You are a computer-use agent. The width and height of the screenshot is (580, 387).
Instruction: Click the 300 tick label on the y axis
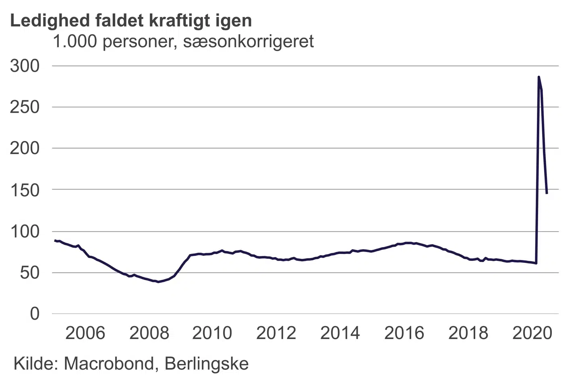point(25,66)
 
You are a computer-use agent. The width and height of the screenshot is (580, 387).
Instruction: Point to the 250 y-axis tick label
point(25,107)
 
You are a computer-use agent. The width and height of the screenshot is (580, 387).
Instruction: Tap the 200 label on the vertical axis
point(25,148)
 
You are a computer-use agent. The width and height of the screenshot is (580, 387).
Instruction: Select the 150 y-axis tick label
point(25,190)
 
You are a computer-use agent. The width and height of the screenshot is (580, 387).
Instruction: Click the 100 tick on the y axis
point(25,231)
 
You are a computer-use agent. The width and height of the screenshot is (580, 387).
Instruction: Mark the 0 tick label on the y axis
point(35,314)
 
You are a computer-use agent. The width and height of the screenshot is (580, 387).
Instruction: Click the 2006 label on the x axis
point(85,333)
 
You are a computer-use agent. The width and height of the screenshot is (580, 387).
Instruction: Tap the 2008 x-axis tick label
point(149,333)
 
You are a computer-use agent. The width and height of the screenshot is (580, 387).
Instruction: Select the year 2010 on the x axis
point(212,333)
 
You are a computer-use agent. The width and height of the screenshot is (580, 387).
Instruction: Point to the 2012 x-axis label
point(276,333)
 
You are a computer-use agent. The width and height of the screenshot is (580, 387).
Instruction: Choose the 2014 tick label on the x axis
point(340,333)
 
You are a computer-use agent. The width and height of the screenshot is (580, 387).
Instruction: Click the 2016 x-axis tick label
point(404,333)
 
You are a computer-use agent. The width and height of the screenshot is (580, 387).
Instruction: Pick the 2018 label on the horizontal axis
point(468,333)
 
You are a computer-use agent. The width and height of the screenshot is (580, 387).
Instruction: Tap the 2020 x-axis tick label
point(532,333)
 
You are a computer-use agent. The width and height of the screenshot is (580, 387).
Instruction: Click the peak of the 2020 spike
point(539,77)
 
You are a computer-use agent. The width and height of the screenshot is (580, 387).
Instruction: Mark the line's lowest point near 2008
point(158,282)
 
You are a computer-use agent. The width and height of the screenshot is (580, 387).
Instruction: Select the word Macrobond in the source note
point(108,364)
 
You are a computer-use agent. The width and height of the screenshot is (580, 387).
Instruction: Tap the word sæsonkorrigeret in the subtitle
point(248,41)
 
